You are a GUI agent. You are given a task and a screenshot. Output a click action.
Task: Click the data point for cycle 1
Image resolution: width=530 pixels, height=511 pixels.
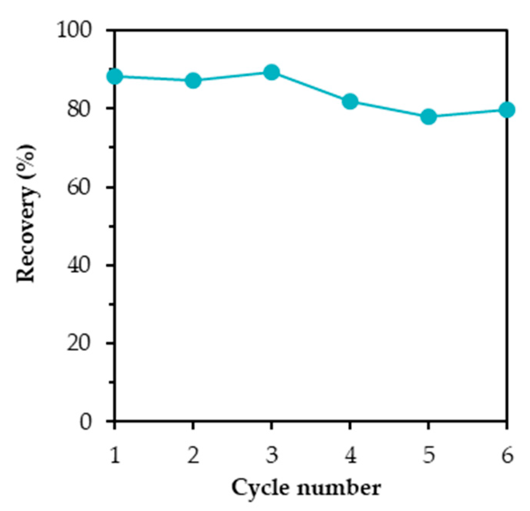pyautogui.click(x=115, y=76)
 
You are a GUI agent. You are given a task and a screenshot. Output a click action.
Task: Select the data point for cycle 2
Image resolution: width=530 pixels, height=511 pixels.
pyautogui.click(x=193, y=81)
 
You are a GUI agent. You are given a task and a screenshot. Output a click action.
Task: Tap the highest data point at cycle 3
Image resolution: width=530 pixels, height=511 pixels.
pyautogui.click(x=272, y=72)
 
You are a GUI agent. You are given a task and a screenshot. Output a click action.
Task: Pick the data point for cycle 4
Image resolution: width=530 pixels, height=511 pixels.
pyautogui.click(x=350, y=101)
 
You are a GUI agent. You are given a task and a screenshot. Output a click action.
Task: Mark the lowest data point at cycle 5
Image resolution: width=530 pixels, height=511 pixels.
pyautogui.click(x=428, y=117)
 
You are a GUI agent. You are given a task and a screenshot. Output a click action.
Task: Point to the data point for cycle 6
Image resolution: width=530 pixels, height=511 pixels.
pyautogui.click(x=507, y=110)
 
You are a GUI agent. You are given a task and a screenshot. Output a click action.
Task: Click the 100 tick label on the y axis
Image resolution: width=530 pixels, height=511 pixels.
pyautogui.click(x=75, y=30)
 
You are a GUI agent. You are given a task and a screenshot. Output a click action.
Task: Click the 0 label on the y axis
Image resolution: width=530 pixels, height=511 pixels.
pyautogui.click(x=86, y=421)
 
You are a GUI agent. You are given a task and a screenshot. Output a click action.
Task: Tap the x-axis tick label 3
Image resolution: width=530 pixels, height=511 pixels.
pyautogui.click(x=272, y=455)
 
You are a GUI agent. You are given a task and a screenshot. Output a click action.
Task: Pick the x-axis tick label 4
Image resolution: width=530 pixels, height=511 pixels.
pyautogui.click(x=350, y=455)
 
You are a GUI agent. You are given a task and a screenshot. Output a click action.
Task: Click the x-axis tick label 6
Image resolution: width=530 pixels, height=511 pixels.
pyautogui.click(x=507, y=455)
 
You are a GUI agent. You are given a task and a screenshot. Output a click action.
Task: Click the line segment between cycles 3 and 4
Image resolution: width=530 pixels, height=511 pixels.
pyautogui.click(x=311, y=87)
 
